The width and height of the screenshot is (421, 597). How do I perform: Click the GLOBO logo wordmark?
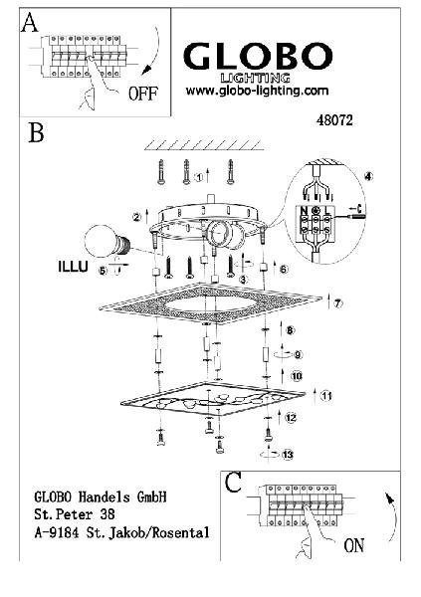[x=258, y=56]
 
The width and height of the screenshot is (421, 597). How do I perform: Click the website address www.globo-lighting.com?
[x=257, y=91]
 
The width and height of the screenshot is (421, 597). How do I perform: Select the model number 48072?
[x=334, y=120]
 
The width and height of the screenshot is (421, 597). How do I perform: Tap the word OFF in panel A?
[x=143, y=94]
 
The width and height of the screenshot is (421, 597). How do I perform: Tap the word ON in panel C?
[x=354, y=545]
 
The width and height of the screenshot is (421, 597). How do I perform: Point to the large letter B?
[x=36, y=132]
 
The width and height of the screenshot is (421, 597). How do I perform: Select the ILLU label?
[x=73, y=267]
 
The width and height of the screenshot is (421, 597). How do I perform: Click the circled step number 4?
[x=368, y=177]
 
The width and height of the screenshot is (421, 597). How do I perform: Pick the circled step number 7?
[x=338, y=303]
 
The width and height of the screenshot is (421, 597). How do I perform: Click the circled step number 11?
[x=326, y=396]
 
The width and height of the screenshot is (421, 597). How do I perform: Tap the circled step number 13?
[x=288, y=455]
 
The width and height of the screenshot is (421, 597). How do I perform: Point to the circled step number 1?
[x=198, y=177]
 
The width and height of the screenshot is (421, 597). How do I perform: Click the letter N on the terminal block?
[x=304, y=210]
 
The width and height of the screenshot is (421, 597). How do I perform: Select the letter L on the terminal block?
[x=326, y=210]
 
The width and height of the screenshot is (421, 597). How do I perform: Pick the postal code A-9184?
[x=57, y=532]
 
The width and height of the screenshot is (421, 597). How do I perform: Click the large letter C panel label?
[x=233, y=483]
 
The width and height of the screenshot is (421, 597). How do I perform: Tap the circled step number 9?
[x=298, y=355]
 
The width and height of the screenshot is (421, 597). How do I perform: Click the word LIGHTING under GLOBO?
[x=256, y=78]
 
